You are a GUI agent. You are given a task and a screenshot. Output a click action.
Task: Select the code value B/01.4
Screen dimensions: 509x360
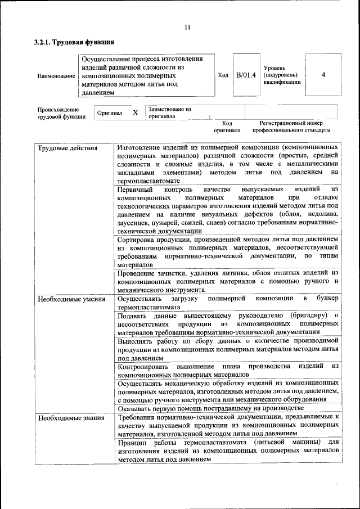246,75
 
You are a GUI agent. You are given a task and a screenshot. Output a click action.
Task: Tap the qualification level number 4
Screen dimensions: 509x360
323,75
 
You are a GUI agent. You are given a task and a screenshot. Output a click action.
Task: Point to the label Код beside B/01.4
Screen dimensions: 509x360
223,75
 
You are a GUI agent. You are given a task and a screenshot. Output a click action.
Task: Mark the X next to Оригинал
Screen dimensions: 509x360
135,112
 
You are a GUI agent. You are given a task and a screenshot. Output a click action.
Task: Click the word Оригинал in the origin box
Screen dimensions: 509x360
110,113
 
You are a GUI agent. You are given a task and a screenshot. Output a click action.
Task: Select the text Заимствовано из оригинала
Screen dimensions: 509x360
169,112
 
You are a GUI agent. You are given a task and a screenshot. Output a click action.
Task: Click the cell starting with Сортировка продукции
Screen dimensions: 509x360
228,251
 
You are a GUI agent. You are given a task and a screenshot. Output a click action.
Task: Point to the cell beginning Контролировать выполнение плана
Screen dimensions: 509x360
228,370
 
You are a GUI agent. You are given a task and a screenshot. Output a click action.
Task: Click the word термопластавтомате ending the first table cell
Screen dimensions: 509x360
148,181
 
